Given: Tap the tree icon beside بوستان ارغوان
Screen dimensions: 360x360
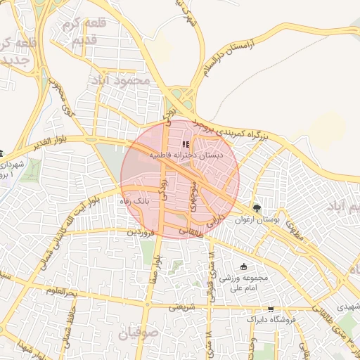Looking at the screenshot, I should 257,208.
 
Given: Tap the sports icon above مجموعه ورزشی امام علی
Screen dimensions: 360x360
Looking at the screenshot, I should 244,266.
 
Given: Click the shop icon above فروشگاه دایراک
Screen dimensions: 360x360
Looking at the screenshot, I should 271,309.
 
